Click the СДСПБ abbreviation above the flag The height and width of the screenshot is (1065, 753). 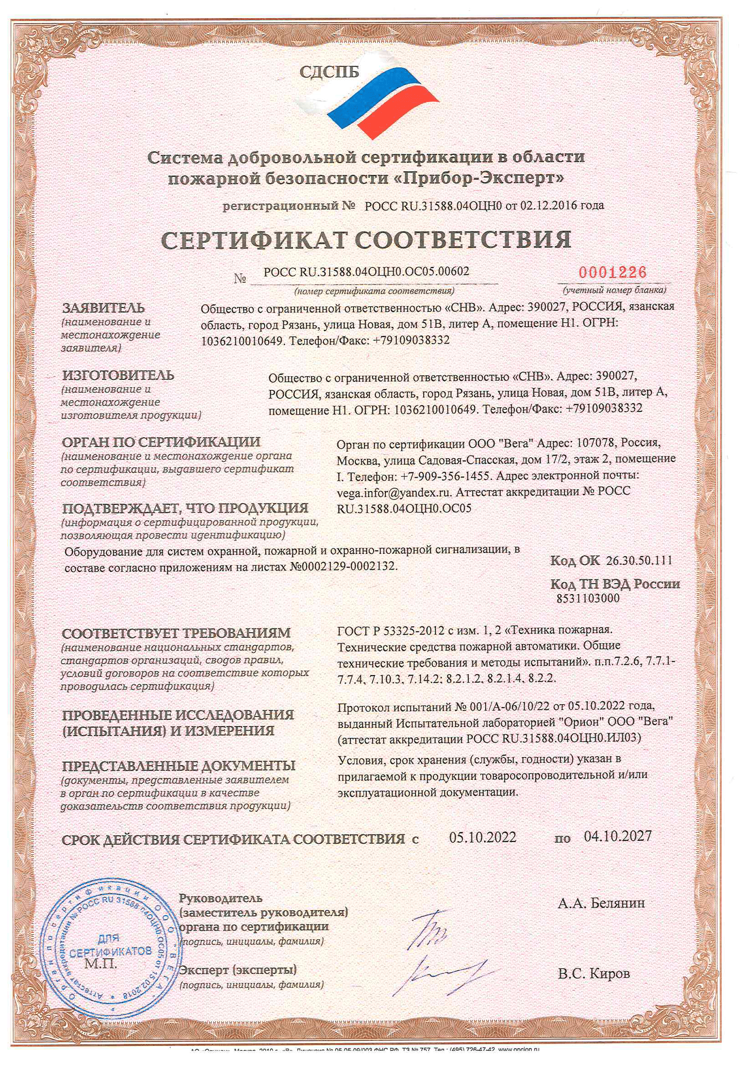pyautogui.click(x=329, y=72)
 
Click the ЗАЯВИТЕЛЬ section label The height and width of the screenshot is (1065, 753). pyautogui.click(x=103, y=308)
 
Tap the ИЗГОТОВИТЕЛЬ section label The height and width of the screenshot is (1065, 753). pyautogui.click(x=118, y=375)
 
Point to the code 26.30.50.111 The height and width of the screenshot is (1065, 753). pyautogui.click(x=639, y=560)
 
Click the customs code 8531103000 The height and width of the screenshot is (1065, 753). pyautogui.click(x=588, y=599)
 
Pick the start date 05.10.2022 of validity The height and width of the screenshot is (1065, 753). pyautogui.click(x=482, y=837)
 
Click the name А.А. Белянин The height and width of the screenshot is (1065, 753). pyautogui.click(x=601, y=903)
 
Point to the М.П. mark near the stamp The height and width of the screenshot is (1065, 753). pyautogui.click(x=101, y=963)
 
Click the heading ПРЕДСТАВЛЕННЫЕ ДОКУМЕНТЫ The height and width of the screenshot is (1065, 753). pyautogui.click(x=179, y=766)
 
